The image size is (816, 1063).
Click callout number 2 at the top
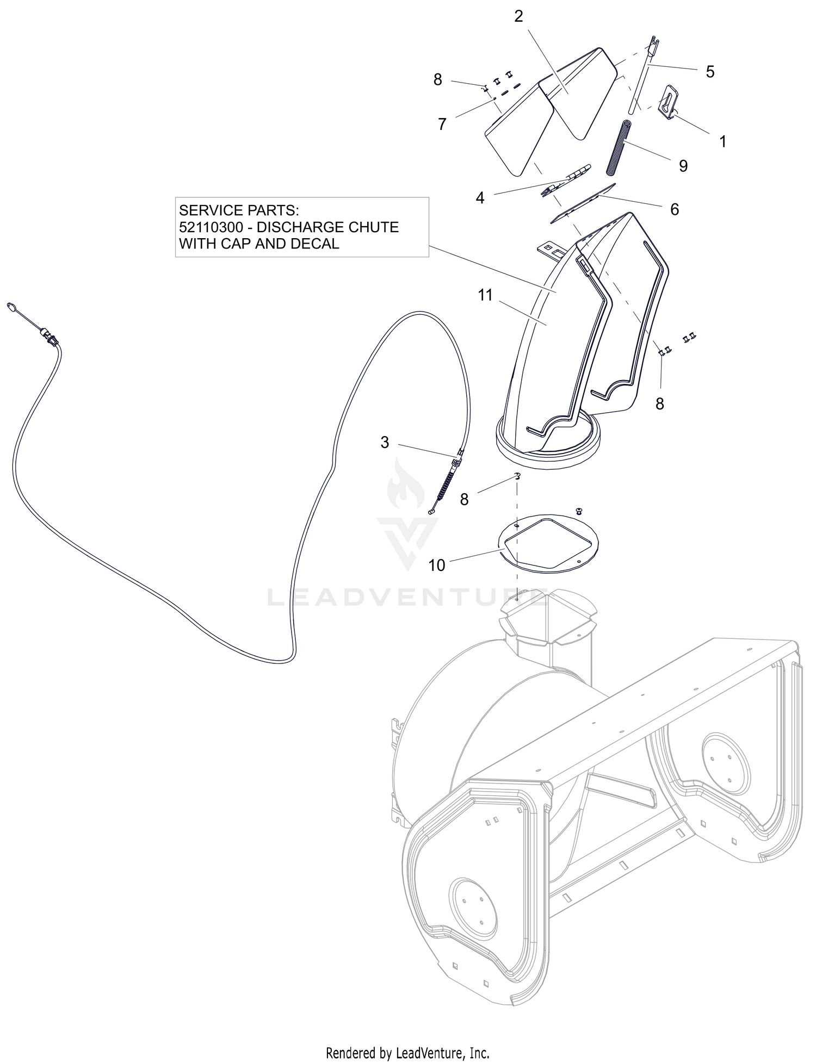[x=518, y=16]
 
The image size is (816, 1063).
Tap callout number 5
[x=710, y=71]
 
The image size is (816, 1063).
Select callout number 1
[x=723, y=141]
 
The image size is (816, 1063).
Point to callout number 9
[x=683, y=165]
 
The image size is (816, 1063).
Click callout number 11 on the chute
[x=485, y=295]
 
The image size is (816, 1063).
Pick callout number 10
[x=437, y=565]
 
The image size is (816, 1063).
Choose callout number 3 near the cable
[x=385, y=443]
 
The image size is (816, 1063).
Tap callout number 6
[x=675, y=209]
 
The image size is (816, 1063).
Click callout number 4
[x=480, y=198]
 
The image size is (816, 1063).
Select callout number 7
[x=442, y=125]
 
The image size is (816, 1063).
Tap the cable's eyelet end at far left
[x=11, y=307]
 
